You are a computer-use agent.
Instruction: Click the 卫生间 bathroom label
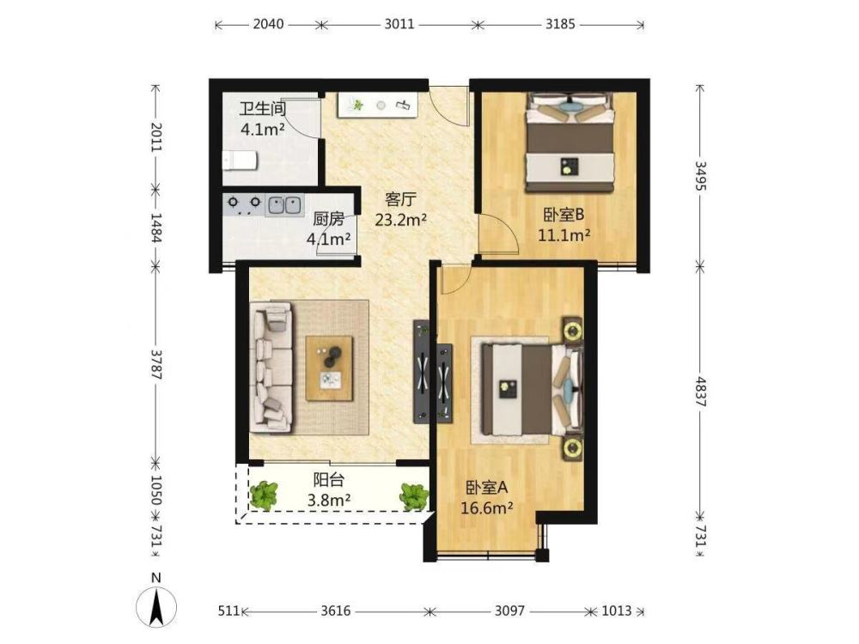(263, 108)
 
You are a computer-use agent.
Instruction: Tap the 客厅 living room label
(401, 199)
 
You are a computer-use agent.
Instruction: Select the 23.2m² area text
(401, 220)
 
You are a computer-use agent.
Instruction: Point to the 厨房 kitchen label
(329, 219)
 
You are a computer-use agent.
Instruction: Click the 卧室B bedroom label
(564, 215)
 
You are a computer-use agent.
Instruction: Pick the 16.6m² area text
(486, 508)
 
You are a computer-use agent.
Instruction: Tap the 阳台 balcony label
(329, 480)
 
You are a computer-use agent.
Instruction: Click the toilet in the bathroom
(240, 161)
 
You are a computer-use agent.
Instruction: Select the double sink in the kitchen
(284, 205)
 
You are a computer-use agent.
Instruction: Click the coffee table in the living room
(329, 368)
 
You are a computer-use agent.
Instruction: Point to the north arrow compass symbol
(156, 606)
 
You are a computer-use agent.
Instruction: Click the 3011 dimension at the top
(399, 24)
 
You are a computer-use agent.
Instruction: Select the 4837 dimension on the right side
(701, 391)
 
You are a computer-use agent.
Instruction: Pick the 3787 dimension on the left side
(156, 365)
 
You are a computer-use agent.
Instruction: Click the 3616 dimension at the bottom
(336, 610)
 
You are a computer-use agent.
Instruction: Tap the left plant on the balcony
(264, 495)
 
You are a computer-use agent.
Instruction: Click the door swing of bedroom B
(498, 234)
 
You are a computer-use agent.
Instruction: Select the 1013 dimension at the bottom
(617, 610)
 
